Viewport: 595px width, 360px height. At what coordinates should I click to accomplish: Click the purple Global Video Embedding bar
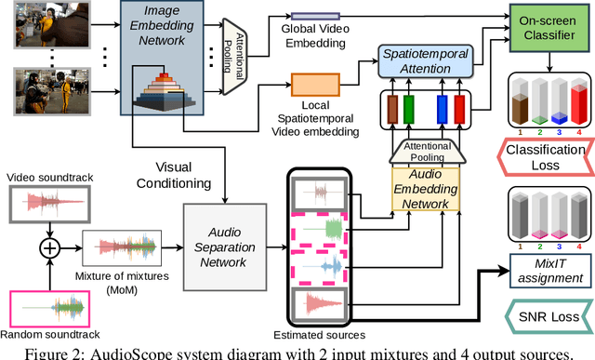coord(316,17)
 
